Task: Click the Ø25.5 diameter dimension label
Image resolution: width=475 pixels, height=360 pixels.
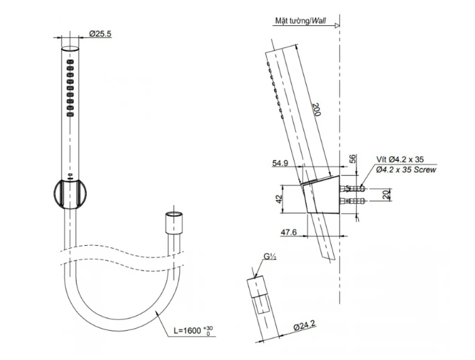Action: pyautogui.click(x=100, y=33)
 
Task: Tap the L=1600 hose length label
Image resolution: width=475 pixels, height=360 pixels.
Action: pyautogui.click(x=187, y=330)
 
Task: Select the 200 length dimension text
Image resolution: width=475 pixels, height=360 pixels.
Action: pyautogui.click(x=316, y=109)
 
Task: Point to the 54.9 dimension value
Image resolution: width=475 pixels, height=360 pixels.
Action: pyautogui.click(x=280, y=163)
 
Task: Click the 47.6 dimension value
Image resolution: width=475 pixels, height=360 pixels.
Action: pyautogui.click(x=288, y=232)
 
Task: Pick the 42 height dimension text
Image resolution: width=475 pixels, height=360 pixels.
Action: pyautogui.click(x=279, y=199)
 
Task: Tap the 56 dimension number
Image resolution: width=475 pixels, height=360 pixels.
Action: pyautogui.click(x=353, y=159)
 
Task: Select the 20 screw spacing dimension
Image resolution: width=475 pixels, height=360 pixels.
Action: pyautogui.click(x=385, y=195)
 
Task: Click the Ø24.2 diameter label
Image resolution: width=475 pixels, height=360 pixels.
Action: pyautogui.click(x=305, y=326)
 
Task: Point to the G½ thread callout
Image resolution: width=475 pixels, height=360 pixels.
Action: pyautogui.click(x=269, y=257)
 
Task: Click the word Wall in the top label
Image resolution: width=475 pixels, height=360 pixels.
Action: pyautogui.click(x=319, y=20)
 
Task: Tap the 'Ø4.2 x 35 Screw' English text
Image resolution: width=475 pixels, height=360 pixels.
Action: pyautogui.click(x=406, y=170)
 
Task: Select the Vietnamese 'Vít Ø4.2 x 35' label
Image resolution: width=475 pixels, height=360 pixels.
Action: pyautogui.click(x=400, y=159)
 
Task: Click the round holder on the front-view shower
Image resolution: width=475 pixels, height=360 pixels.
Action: pyautogui.click(x=70, y=194)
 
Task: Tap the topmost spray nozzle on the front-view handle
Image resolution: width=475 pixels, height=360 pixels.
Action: pyautogui.click(x=70, y=62)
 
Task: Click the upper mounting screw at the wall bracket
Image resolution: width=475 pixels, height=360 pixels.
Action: pyautogui.click(x=352, y=189)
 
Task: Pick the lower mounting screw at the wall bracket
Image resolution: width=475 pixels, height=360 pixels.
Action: pyautogui.click(x=352, y=201)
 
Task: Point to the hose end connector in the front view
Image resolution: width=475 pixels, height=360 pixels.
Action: pyautogui.click(x=174, y=223)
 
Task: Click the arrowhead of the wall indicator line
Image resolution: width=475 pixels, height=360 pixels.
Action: pyautogui.click(x=337, y=26)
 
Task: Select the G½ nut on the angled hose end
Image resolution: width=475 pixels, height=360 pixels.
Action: pyautogui.click(x=257, y=287)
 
